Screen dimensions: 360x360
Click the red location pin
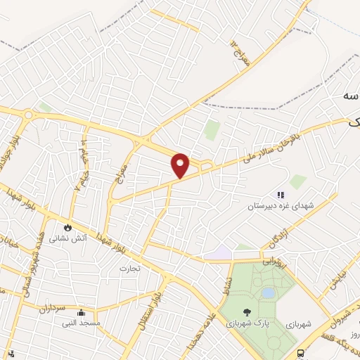[181, 164]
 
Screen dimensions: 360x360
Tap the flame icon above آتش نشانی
[67, 227]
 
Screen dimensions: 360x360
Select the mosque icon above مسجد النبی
[82, 313]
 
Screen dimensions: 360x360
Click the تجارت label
[129, 268]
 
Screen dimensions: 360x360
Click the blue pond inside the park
[268, 292]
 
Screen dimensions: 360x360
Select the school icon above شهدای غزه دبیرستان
[281, 195]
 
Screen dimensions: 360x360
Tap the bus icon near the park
[301, 353]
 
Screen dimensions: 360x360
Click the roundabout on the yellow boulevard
[28, 115]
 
